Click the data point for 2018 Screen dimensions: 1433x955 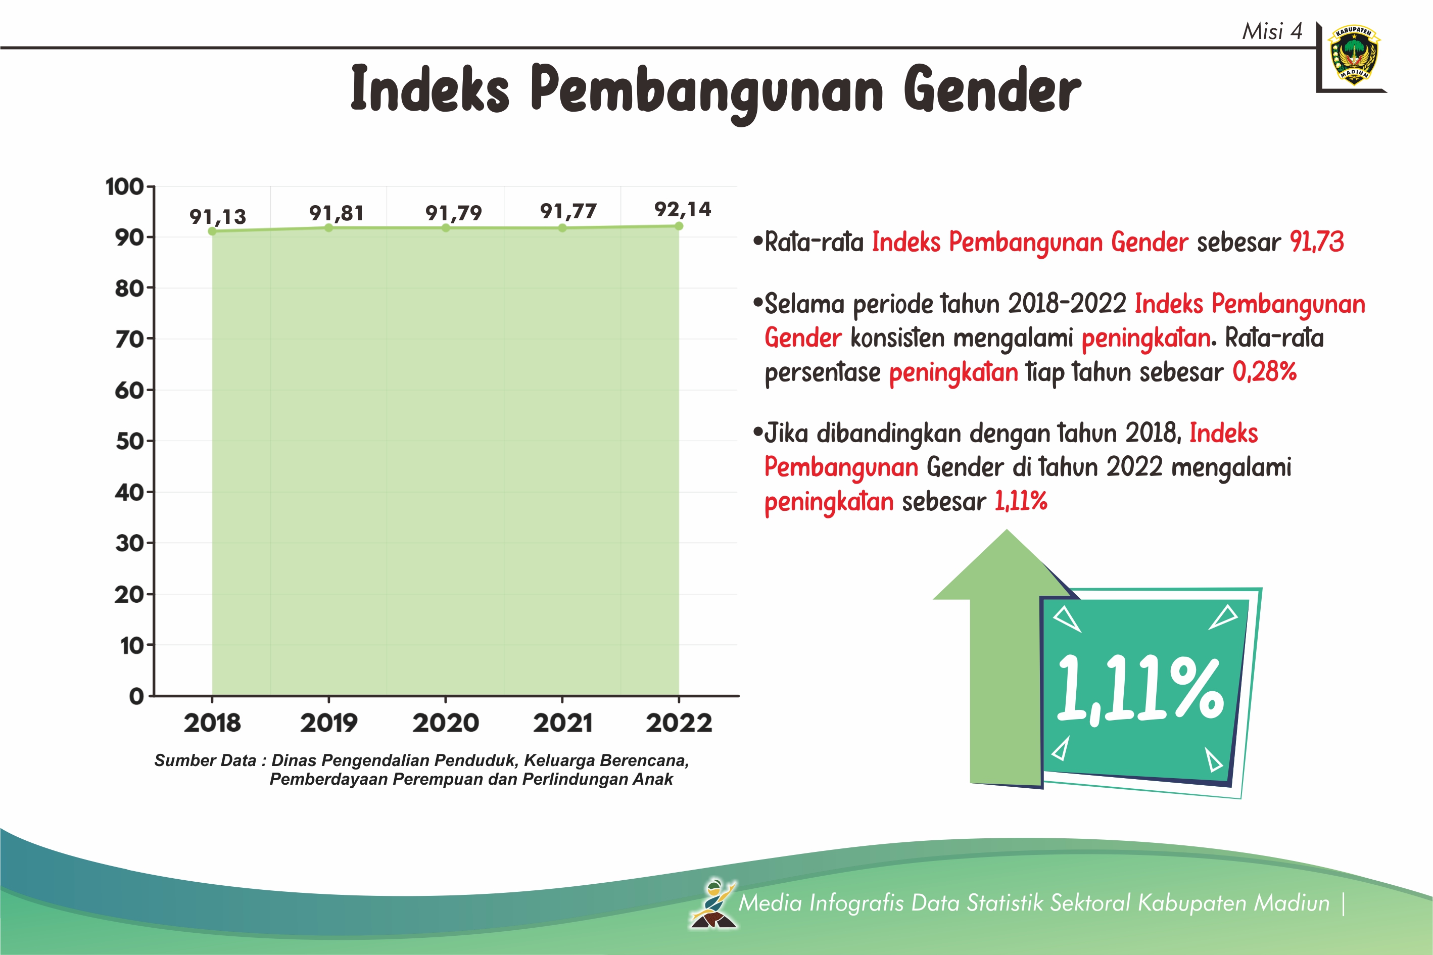click(x=212, y=231)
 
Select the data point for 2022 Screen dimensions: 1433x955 click(x=679, y=226)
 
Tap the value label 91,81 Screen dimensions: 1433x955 click(x=337, y=213)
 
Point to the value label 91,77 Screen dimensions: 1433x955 click(x=568, y=211)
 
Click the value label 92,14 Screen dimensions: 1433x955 click(x=683, y=210)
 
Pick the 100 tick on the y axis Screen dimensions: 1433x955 click(x=124, y=186)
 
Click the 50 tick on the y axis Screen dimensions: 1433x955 click(x=129, y=441)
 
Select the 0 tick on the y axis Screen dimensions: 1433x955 click(x=136, y=696)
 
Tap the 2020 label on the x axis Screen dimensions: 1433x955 click(x=446, y=723)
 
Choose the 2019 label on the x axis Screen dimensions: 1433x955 click(x=329, y=723)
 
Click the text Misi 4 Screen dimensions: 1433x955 click(x=1272, y=31)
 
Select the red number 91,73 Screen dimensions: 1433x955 click(x=1317, y=242)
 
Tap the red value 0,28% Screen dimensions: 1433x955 click(x=1264, y=371)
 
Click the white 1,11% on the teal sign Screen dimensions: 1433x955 click(x=1140, y=689)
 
